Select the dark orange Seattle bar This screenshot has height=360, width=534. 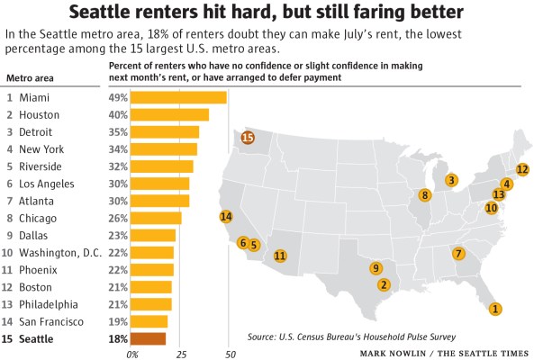(x=149, y=338)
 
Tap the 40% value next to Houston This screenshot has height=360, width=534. (x=118, y=114)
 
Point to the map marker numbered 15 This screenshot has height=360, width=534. (x=247, y=138)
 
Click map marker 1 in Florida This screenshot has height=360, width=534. (x=494, y=309)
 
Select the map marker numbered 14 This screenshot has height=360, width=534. (x=226, y=216)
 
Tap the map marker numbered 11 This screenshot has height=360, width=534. (x=280, y=256)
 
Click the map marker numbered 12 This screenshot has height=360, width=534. (x=522, y=169)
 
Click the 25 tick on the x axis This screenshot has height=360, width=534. (x=179, y=354)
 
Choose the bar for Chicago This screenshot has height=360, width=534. (x=157, y=218)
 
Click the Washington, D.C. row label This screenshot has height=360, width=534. (x=59, y=252)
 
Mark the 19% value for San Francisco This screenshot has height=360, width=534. (x=118, y=321)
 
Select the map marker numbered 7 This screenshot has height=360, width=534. (x=458, y=254)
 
